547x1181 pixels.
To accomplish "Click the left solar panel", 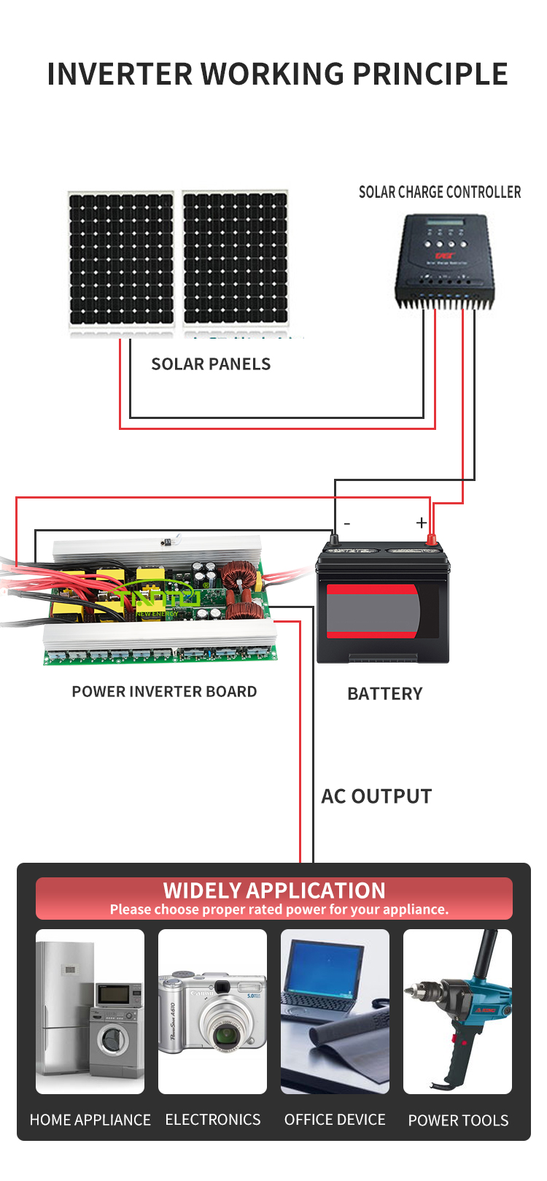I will click(x=121, y=259).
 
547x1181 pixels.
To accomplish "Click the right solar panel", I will click(x=235, y=259).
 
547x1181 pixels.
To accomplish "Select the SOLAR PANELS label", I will click(x=211, y=364).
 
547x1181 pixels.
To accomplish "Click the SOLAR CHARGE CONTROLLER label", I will click(x=440, y=192).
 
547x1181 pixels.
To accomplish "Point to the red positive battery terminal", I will click(x=431, y=540).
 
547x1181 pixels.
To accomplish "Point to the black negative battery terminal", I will click(x=335, y=540).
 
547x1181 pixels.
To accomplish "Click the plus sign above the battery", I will click(x=422, y=523).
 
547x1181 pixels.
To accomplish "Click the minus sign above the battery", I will click(x=347, y=523).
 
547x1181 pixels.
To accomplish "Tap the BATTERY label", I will click(x=385, y=693).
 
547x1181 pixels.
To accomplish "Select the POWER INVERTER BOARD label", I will click(x=164, y=691).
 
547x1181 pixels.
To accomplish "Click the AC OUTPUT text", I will click(x=376, y=796).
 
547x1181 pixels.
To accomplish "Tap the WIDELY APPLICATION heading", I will click(x=274, y=890).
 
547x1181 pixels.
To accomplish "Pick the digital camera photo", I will click(x=212, y=1012).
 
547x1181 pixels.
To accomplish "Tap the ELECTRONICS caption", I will click(x=213, y=1120).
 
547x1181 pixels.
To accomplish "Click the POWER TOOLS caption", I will click(x=458, y=1120).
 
